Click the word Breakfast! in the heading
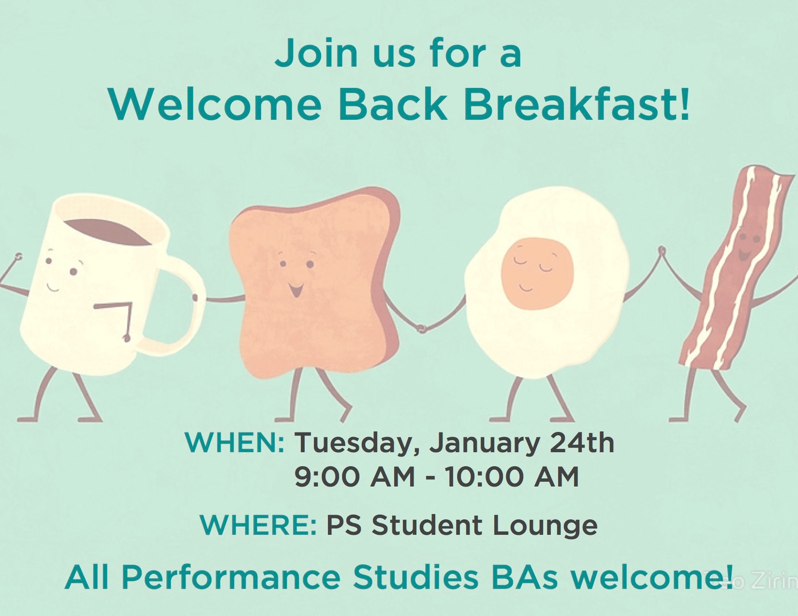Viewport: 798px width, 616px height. point(576,104)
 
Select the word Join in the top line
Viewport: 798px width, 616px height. point(316,53)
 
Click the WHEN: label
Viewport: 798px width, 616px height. point(235,443)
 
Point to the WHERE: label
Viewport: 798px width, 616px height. point(258,525)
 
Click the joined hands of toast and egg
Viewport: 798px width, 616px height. point(422,328)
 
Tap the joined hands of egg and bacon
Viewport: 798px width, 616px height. point(662,251)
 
